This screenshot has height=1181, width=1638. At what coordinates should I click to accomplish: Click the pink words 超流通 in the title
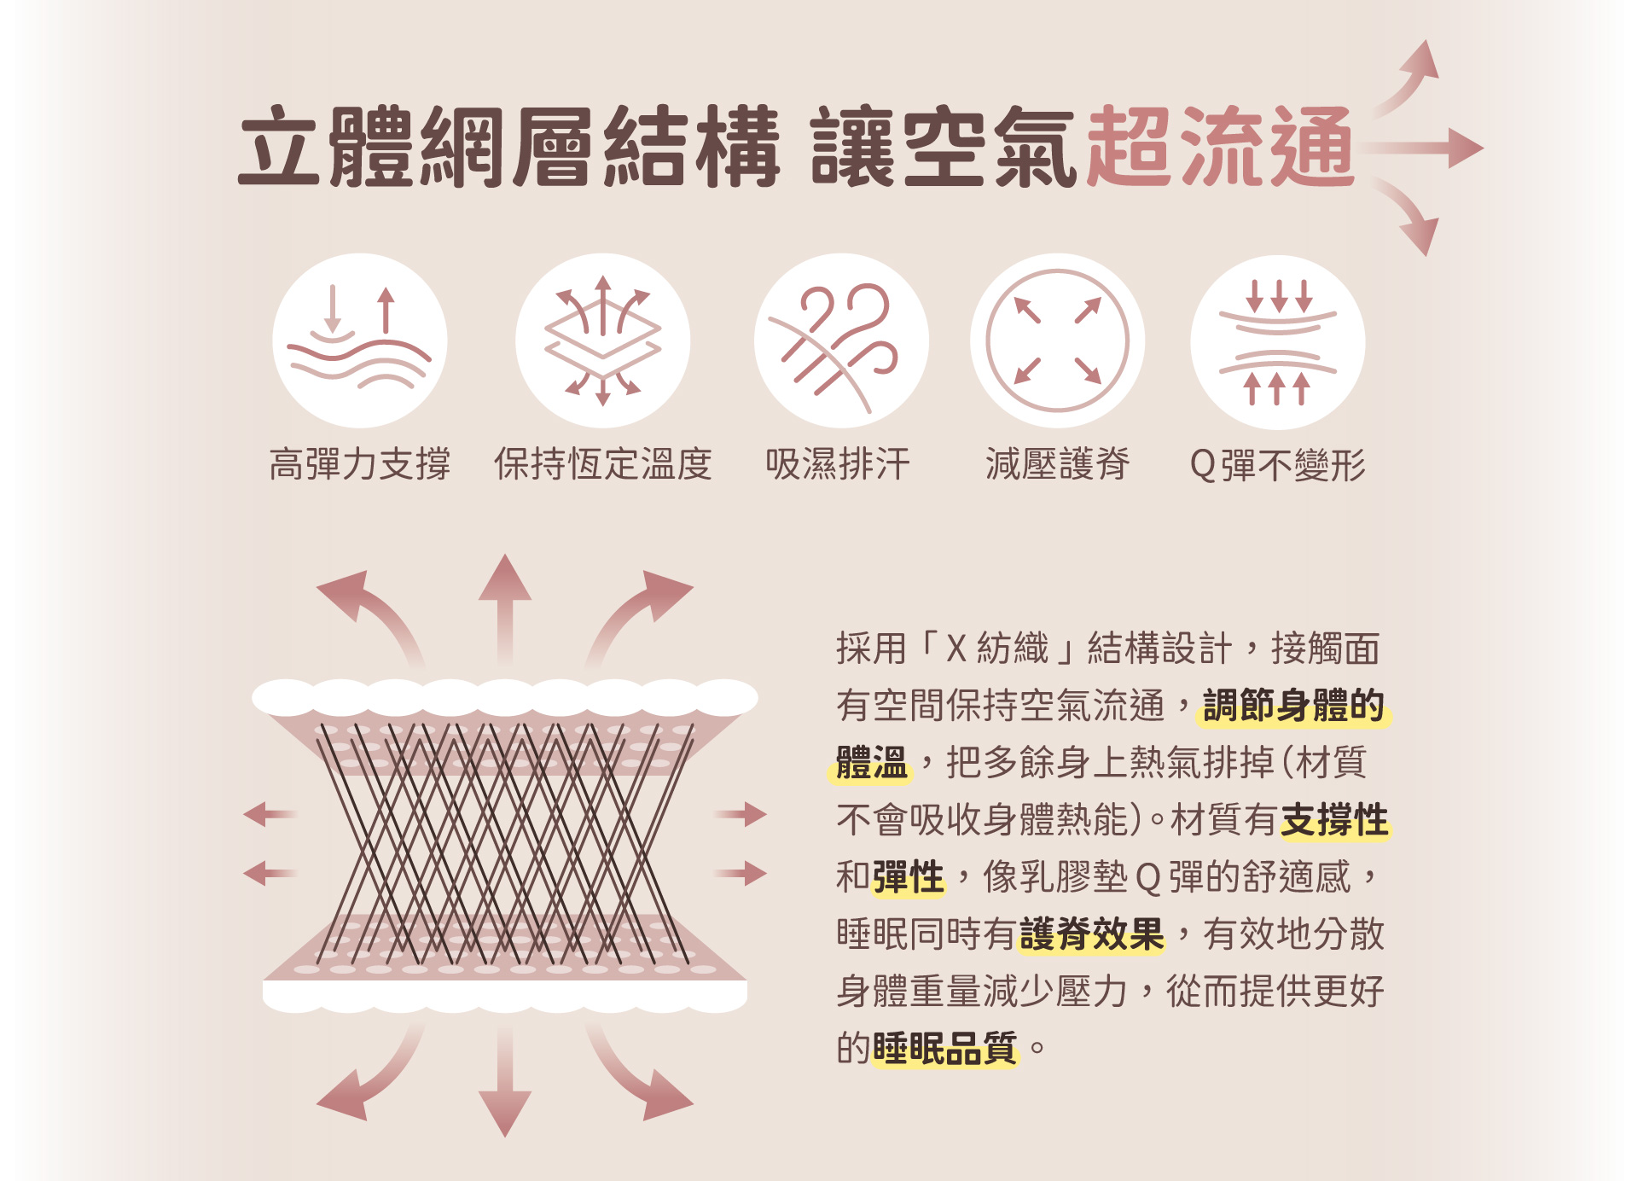1220,147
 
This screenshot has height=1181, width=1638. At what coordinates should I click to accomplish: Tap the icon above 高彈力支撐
360,340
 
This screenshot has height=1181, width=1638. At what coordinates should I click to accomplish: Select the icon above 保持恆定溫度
602,340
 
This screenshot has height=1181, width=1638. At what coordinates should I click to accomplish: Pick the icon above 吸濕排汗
841,340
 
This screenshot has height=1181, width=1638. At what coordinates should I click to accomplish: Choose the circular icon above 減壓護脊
1057,340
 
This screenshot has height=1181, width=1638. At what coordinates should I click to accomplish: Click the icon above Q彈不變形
1278,342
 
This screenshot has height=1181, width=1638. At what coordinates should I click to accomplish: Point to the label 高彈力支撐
360,464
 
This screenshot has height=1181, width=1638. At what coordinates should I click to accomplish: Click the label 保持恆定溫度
603,464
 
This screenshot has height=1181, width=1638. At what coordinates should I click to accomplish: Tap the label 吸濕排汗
838,464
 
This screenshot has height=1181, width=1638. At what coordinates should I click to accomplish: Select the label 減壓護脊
1058,464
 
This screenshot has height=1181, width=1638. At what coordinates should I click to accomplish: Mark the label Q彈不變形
1278,465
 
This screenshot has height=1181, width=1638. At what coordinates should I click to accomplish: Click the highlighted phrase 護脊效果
1092,934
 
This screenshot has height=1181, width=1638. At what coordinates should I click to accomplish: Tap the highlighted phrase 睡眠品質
945,1048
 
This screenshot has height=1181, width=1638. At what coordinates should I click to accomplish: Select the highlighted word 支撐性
1335,820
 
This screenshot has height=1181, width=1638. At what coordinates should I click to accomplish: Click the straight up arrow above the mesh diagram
505,609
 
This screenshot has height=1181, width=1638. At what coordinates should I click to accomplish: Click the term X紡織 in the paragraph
997,649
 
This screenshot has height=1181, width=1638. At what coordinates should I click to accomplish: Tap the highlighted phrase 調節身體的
1294,706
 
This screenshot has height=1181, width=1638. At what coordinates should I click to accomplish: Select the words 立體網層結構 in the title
509,147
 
